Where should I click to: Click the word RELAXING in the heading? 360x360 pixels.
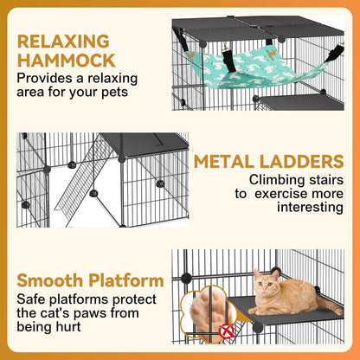coord(63,42)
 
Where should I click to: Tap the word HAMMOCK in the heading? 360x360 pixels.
coord(65,61)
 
